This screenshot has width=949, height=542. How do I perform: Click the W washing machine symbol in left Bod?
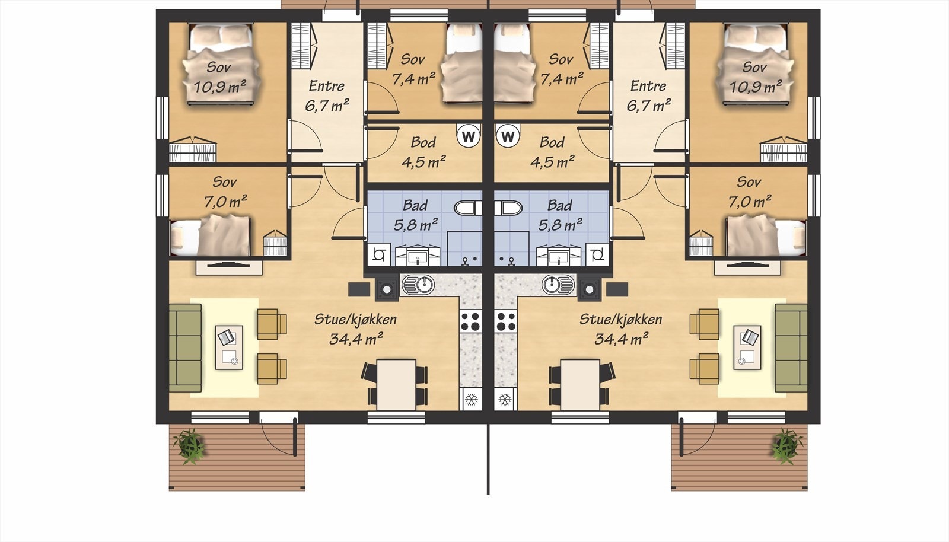(x=469, y=136)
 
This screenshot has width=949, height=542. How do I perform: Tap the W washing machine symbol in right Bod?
(x=508, y=136)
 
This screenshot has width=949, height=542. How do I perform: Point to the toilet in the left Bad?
(x=468, y=208)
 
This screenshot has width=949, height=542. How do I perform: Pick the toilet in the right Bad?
(x=508, y=208)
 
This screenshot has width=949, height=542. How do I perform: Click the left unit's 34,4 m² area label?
(x=356, y=339)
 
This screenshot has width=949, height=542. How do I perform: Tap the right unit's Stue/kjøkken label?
(x=620, y=319)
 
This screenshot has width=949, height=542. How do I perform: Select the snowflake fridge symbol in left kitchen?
(x=471, y=399)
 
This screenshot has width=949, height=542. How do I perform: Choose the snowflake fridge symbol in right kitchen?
(x=505, y=399)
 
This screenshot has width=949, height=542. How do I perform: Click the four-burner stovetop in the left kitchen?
(x=471, y=321)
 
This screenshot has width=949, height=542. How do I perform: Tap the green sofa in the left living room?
(x=185, y=347)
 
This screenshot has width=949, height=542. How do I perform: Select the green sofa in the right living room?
(x=791, y=347)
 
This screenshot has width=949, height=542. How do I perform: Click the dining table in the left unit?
(x=396, y=384)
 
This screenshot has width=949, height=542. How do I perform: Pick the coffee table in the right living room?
(x=747, y=347)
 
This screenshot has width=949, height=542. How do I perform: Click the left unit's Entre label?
(x=326, y=86)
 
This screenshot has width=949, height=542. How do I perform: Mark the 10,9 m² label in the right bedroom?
(x=756, y=87)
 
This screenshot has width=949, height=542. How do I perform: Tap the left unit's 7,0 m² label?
(x=225, y=202)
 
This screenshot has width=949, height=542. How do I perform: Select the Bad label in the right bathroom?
(x=560, y=205)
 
